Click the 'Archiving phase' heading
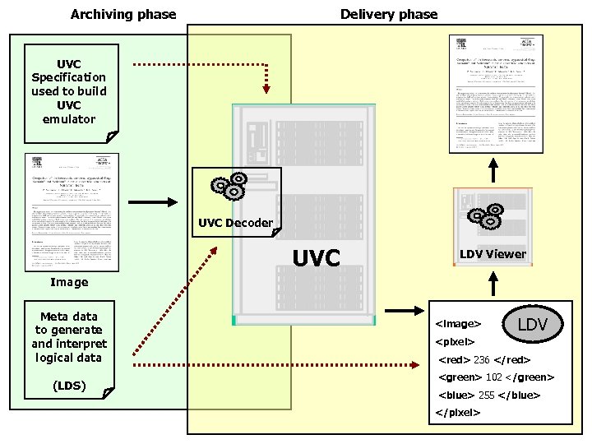[x=123, y=14]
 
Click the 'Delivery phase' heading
[x=389, y=14]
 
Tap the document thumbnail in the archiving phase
[x=71, y=212]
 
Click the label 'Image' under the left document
[x=69, y=282]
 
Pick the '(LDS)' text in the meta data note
[x=69, y=385]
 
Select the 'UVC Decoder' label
[x=235, y=223]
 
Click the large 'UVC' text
[x=317, y=258]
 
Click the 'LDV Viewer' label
[x=493, y=254]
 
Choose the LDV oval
[x=539, y=325]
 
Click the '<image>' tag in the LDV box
[x=458, y=324]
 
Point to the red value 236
[x=481, y=359]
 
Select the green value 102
[x=493, y=377]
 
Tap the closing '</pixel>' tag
[x=458, y=412]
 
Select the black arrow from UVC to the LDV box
[x=402, y=311]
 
